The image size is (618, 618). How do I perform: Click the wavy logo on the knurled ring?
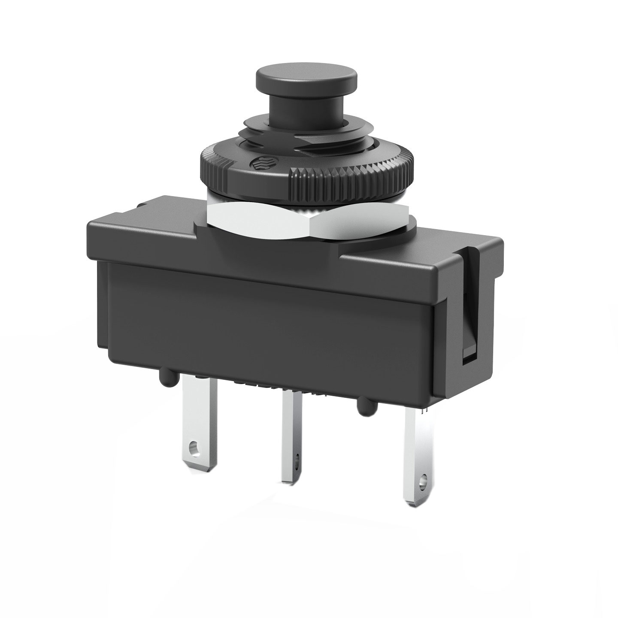tap(259, 163)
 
